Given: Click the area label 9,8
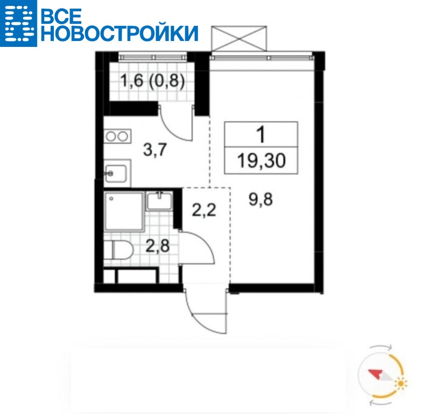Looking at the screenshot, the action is pos(261,199).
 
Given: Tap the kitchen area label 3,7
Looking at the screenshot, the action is pos(155,150).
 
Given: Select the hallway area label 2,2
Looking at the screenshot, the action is pos(204,210).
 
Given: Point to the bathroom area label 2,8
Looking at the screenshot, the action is pos(158,246).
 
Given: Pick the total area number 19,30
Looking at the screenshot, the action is pos(261,161).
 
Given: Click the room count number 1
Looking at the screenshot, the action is pos(261,134).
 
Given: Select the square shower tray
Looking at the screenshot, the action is pos(124,211).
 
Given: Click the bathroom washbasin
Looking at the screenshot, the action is pos(159,201).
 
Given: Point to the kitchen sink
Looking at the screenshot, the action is pos(117,173).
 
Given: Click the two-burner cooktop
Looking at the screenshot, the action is pos(118,136).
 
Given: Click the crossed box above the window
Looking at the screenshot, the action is pos(239,39).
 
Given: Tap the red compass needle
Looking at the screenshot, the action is pos(376,374).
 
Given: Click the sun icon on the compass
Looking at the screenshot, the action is pos(400,384).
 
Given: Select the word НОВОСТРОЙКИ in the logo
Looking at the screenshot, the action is pos(120,33).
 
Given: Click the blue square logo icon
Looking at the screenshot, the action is pos(18,23).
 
